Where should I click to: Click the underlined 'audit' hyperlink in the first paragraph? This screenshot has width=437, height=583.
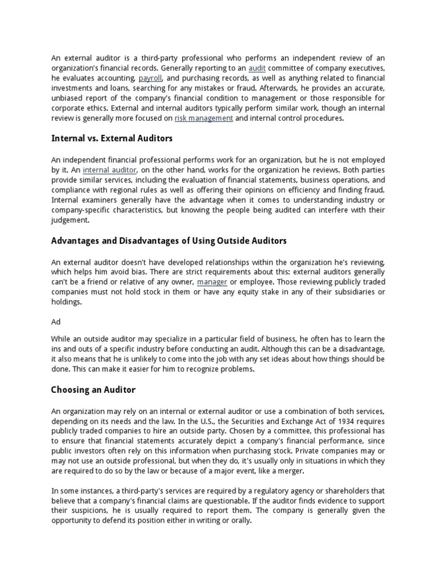pyautogui.click(x=257, y=68)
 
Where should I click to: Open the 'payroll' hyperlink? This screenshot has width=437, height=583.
pyautogui.click(x=150, y=78)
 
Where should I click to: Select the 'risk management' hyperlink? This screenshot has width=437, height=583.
pyautogui.click(x=204, y=118)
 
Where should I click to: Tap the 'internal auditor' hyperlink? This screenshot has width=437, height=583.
pyautogui.click(x=110, y=170)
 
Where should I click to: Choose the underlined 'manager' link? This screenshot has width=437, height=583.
pyautogui.click(x=212, y=282)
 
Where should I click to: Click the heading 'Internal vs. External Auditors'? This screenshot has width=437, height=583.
pyautogui.click(x=112, y=138)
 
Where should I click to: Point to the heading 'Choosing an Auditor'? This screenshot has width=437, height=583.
pyautogui.click(x=93, y=390)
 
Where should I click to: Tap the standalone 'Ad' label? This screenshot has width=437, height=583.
pyautogui.click(x=56, y=322)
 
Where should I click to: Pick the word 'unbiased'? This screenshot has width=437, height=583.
pyautogui.click(x=67, y=98)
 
